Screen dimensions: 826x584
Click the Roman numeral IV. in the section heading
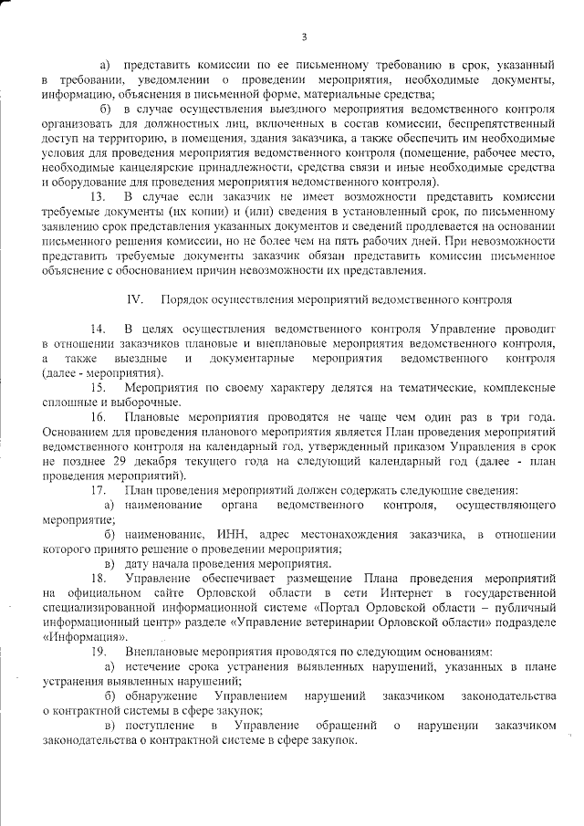click(x=136, y=298)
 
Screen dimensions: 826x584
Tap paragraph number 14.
click(x=98, y=328)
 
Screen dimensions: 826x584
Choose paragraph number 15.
click(x=98, y=387)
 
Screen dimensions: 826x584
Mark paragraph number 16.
click(x=98, y=416)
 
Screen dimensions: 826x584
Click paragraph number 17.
click(x=98, y=490)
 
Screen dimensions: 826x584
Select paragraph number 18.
click(x=98, y=578)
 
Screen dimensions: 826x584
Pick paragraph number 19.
click(x=98, y=651)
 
